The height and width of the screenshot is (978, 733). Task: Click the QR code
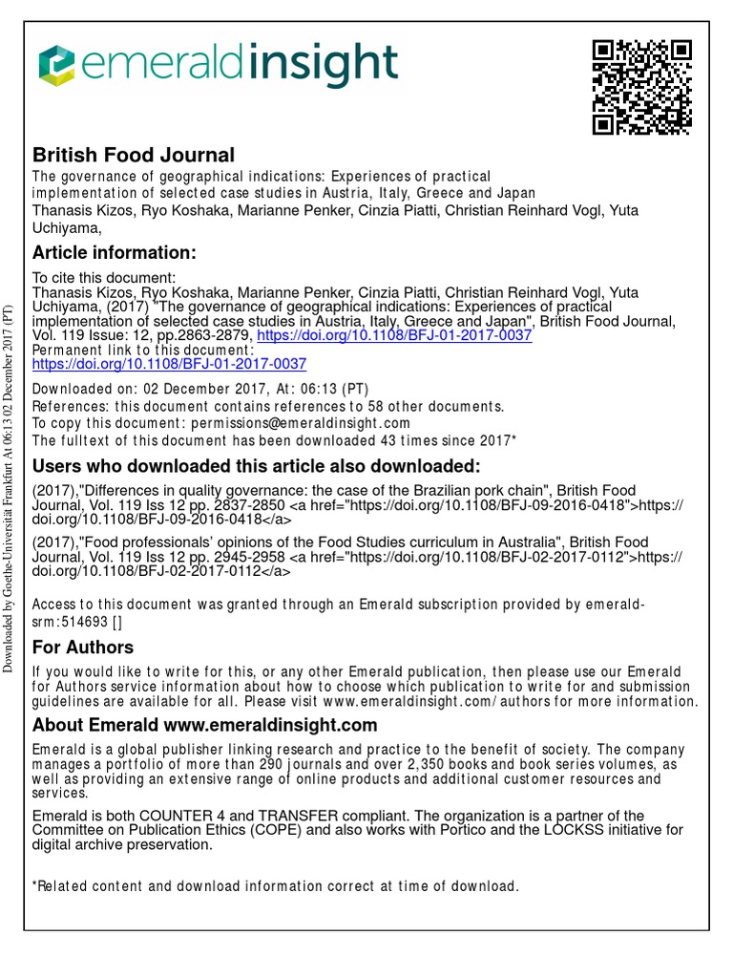point(641,88)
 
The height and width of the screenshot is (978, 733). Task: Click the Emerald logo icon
point(56,66)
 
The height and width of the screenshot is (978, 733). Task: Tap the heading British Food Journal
point(134,155)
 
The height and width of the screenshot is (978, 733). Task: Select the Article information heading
point(115,252)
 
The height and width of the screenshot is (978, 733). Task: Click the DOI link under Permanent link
point(169,364)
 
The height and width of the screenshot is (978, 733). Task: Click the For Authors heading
point(83,647)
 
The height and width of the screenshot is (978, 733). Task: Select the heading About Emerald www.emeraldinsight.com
point(204,725)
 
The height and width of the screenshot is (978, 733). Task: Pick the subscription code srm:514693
point(70,621)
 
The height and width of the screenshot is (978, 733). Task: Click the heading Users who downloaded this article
point(257,466)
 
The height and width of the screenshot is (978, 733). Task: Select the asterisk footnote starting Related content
point(276,886)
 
